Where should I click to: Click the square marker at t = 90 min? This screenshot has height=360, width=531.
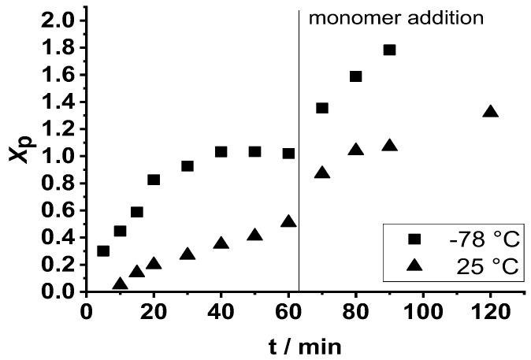click(389, 50)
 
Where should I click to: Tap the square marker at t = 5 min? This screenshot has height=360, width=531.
click(103, 251)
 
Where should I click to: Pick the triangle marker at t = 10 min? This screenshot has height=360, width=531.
click(120, 284)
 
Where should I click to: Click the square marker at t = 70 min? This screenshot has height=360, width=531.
click(322, 108)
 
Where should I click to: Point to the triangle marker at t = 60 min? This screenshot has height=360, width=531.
click(288, 222)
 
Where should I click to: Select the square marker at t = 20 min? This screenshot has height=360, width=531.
click(154, 180)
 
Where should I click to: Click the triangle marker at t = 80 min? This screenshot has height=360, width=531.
click(355, 150)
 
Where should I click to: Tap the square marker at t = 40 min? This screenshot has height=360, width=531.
click(221, 151)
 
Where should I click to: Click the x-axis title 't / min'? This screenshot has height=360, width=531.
click(303, 345)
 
